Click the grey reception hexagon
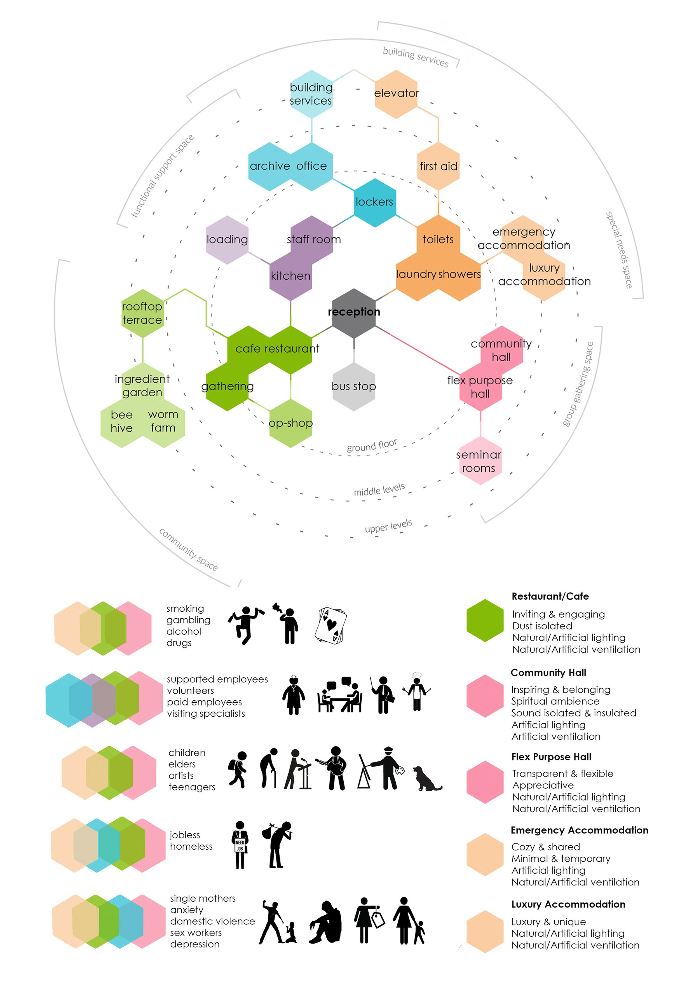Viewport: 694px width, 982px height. (x=354, y=313)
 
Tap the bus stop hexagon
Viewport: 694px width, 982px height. (x=354, y=387)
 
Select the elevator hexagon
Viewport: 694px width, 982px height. (x=396, y=94)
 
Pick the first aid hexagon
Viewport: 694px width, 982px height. (x=438, y=166)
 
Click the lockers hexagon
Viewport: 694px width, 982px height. (x=375, y=202)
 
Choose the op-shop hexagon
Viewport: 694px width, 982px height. (x=291, y=424)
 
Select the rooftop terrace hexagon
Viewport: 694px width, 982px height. (x=142, y=313)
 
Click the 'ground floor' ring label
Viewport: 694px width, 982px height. (x=372, y=445)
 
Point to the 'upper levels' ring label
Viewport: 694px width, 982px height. (x=388, y=526)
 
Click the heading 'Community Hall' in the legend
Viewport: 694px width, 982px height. (x=548, y=673)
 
